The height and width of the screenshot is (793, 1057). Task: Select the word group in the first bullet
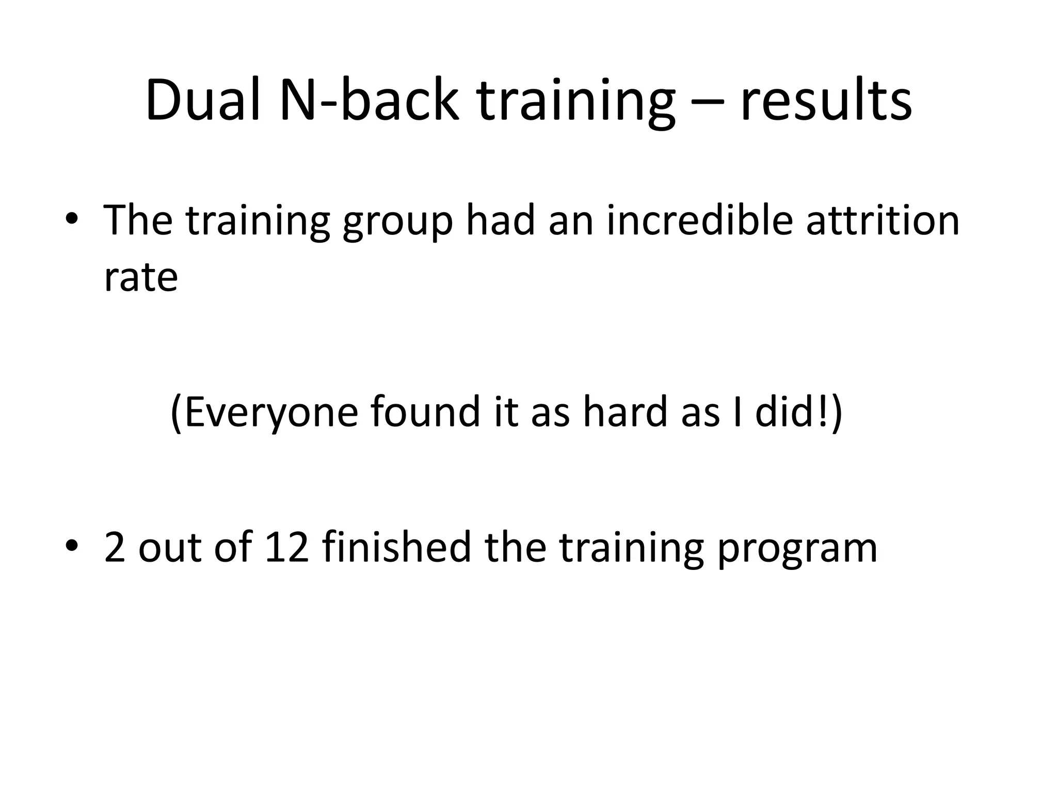[x=398, y=221]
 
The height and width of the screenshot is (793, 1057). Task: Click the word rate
[x=141, y=278]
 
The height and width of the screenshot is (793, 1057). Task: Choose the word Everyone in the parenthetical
[x=270, y=411]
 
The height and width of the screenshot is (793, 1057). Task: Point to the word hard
[x=626, y=411]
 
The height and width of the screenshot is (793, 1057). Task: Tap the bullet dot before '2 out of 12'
[x=72, y=546]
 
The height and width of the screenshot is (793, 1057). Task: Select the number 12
[x=286, y=547]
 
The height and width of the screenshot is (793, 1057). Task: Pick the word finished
[x=396, y=546]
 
